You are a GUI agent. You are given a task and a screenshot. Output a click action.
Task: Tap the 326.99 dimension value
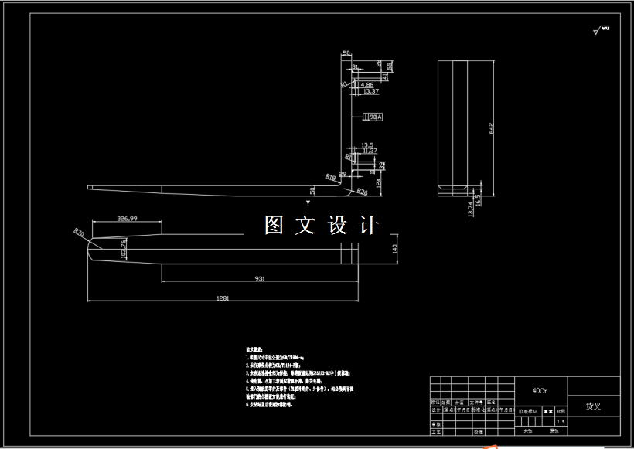coord(127,219)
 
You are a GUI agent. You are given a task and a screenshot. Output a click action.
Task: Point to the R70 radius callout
coord(79,232)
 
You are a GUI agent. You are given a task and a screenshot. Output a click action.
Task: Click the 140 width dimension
coord(394,250)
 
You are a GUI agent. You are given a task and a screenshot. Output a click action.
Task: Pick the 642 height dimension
coord(489,128)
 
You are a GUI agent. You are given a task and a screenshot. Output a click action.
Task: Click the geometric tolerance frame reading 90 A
coord(373,117)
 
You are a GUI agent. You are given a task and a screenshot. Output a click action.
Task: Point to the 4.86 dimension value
coord(366,84)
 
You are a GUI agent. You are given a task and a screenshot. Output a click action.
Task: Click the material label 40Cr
coord(540,391)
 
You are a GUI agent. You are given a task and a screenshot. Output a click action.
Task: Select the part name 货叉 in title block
coord(593,406)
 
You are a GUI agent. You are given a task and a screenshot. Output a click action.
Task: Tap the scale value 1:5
coord(561,422)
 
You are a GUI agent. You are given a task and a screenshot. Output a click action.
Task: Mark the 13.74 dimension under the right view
coord(471,209)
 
